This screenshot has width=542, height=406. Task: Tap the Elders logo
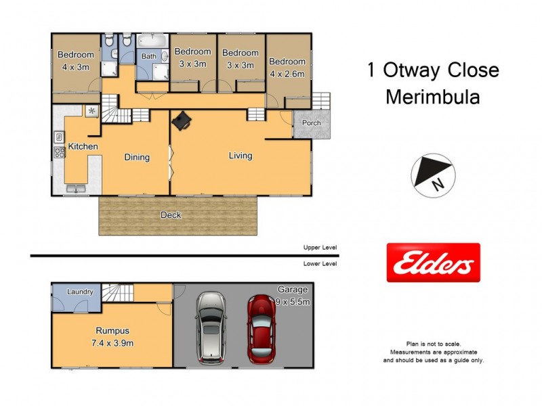pos(433,263)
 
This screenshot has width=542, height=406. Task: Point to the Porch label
pos(312,123)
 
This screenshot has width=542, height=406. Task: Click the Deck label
pos(170,215)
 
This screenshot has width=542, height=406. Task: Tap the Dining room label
pos(136,157)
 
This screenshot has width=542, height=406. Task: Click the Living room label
pos(240,156)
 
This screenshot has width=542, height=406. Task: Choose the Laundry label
pos(81,292)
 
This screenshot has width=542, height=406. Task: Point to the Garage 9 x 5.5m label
pos(293,296)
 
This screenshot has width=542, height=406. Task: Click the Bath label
pos(148,56)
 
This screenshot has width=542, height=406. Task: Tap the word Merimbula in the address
pos(432,97)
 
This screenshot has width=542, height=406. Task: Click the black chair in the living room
pos(182,120)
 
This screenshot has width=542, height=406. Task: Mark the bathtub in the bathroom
pos(154,41)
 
